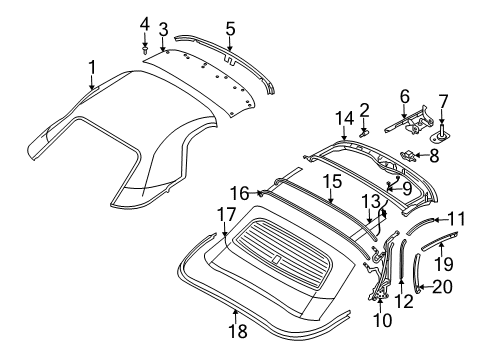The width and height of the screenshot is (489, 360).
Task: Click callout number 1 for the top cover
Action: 92,67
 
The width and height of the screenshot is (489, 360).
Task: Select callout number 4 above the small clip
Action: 144,23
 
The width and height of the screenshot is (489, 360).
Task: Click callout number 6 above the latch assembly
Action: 404,96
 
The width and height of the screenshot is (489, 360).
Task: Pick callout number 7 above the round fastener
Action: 443,101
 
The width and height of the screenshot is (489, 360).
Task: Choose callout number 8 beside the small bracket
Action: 433,155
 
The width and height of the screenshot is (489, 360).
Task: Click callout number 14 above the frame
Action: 343,118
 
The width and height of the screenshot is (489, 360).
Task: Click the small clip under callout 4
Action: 145,45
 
